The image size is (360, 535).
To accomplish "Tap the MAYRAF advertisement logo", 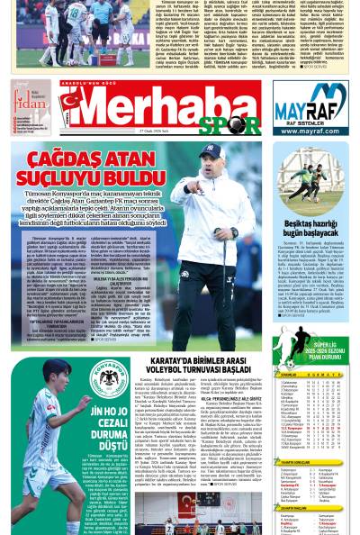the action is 310,101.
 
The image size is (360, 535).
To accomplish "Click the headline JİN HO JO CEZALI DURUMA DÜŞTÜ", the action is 111,428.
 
